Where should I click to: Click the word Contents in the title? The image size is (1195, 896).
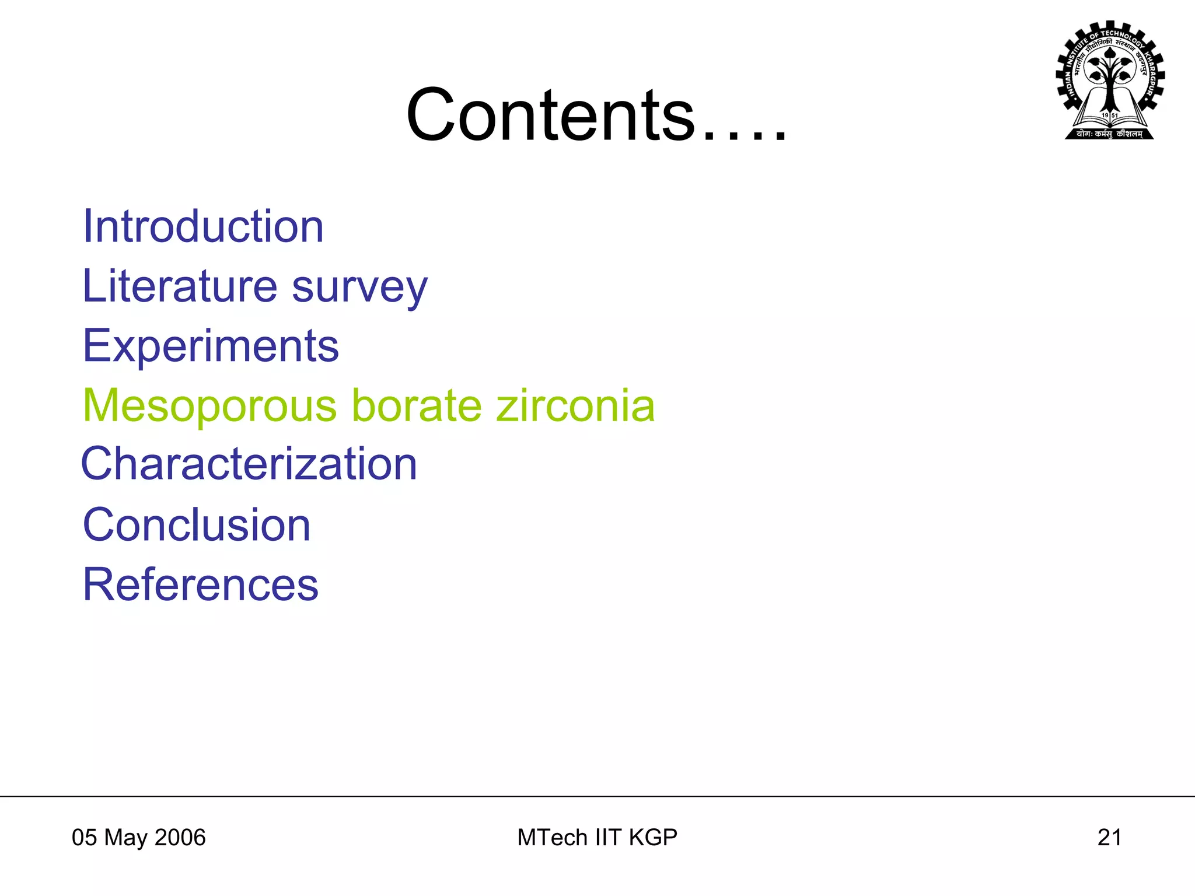(551, 115)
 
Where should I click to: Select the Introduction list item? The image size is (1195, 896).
(203, 226)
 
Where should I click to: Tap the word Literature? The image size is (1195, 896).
(179, 286)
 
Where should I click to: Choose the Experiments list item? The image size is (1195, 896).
(211, 346)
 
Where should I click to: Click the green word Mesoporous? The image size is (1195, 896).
(210, 406)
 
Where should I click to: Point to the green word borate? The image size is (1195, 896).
(417, 405)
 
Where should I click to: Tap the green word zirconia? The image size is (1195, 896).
(575, 405)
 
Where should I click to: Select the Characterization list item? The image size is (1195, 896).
(249, 464)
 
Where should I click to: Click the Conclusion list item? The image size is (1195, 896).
(197, 525)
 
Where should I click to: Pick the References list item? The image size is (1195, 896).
(201, 584)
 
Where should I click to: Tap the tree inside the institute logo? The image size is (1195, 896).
(1110, 76)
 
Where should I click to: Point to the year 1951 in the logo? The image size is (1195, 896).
(1110, 116)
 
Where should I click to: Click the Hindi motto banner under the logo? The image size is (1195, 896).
(1109, 134)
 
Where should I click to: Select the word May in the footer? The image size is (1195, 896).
(125, 838)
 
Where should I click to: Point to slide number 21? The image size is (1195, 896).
(1109, 838)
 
